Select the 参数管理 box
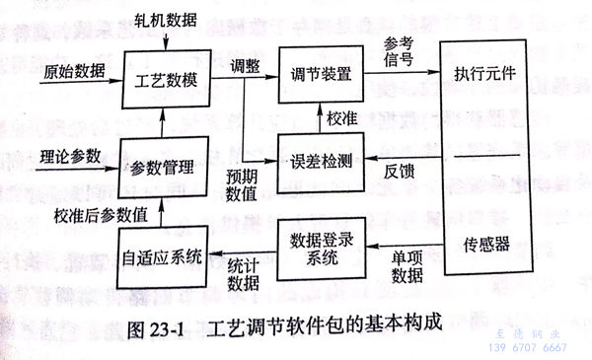click(161, 166)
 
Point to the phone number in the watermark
click(528, 348)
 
